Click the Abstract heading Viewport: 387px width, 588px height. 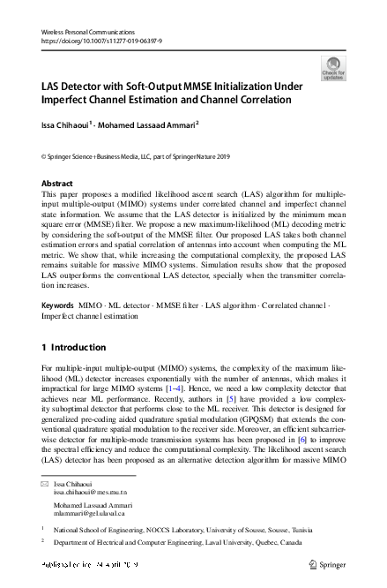tap(57, 183)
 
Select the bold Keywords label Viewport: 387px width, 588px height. tap(58, 305)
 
